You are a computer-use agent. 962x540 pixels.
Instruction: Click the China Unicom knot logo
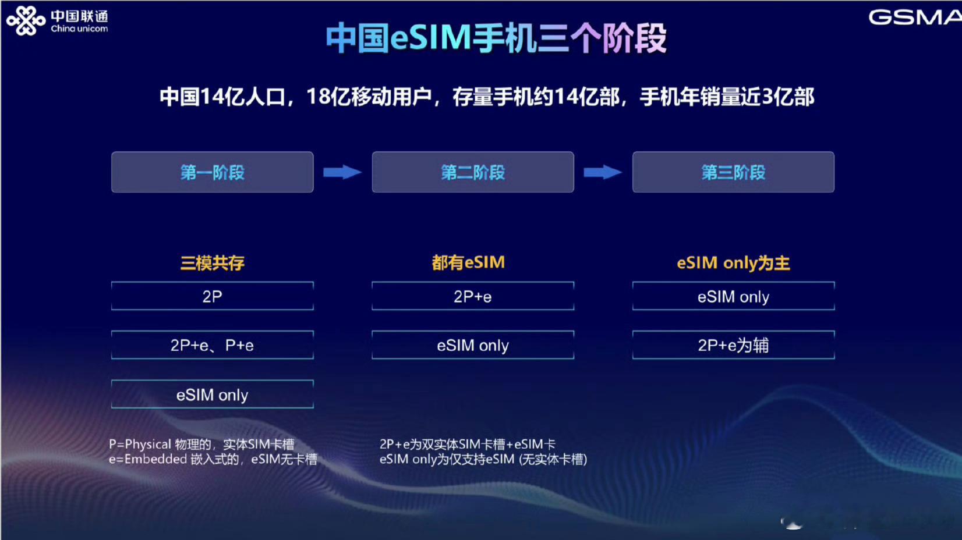click(26, 20)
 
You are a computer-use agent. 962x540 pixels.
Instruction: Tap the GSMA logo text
click(915, 17)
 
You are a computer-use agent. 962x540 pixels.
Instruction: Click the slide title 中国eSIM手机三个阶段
click(496, 38)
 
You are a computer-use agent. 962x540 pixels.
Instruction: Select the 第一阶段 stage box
click(212, 172)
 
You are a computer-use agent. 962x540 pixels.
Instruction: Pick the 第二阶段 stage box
click(473, 172)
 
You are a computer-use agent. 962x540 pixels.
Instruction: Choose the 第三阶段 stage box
click(734, 172)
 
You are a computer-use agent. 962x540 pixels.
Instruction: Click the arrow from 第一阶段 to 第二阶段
click(342, 172)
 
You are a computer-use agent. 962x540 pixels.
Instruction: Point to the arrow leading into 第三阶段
click(603, 172)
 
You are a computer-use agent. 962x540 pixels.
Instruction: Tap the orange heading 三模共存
click(212, 262)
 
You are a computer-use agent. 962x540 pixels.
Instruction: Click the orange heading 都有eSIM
click(469, 262)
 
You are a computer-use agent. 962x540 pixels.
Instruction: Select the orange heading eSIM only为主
click(734, 262)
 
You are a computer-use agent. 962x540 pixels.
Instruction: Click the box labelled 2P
click(212, 296)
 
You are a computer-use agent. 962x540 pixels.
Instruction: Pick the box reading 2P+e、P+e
click(212, 345)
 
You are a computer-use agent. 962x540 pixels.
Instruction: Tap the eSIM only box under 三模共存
click(212, 395)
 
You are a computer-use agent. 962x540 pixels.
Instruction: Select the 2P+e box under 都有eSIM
click(473, 296)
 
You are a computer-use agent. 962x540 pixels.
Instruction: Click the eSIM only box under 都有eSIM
click(473, 345)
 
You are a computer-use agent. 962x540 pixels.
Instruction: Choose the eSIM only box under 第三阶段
click(734, 296)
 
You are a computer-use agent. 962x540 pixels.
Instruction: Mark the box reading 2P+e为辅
click(734, 345)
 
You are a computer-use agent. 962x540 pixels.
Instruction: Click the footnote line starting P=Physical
click(202, 444)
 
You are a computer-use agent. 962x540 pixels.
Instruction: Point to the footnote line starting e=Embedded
click(213, 459)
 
